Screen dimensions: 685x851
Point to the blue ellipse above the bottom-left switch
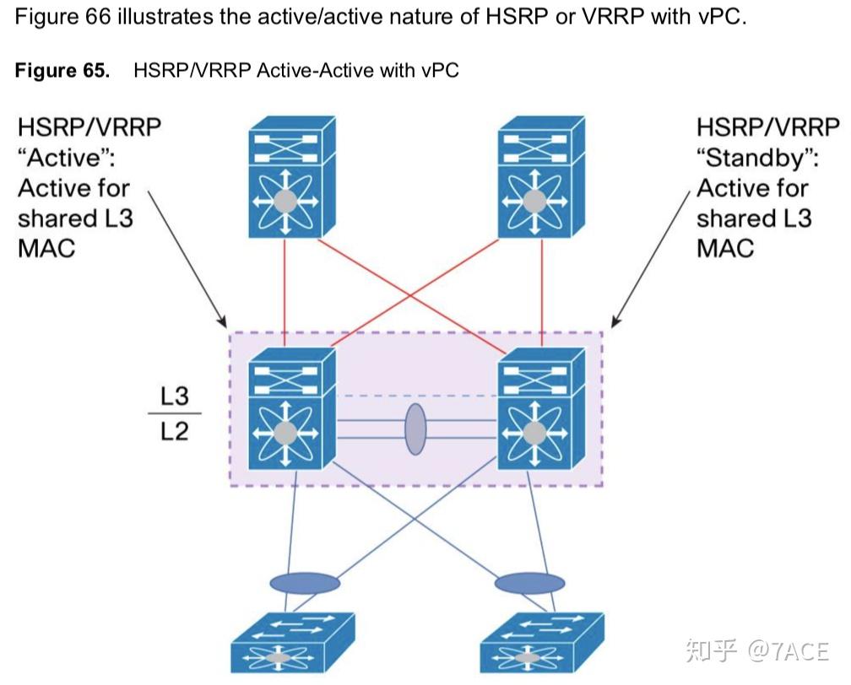[305, 583]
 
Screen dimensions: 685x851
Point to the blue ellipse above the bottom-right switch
[529, 583]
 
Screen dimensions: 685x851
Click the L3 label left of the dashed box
[174, 396]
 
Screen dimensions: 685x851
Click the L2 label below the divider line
[174, 433]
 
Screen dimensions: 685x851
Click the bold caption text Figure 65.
[62, 70]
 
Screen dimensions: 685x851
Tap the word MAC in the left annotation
[46, 248]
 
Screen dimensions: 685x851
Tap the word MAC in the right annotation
[725, 248]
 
